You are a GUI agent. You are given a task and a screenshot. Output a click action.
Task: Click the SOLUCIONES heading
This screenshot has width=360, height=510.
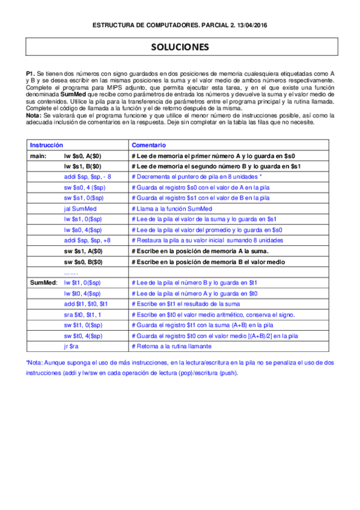pos(180,47)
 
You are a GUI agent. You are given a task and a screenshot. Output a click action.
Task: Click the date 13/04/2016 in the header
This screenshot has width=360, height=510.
pos(248,25)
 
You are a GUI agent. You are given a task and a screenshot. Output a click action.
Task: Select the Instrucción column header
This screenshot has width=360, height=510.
pos(47,145)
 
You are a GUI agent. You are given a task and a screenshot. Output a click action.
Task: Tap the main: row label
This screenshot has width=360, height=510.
pos(38,155)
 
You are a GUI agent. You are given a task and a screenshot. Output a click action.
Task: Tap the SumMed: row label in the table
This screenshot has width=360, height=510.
pos(44,281)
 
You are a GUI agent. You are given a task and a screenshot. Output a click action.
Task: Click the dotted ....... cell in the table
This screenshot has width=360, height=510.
pos(71,271)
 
